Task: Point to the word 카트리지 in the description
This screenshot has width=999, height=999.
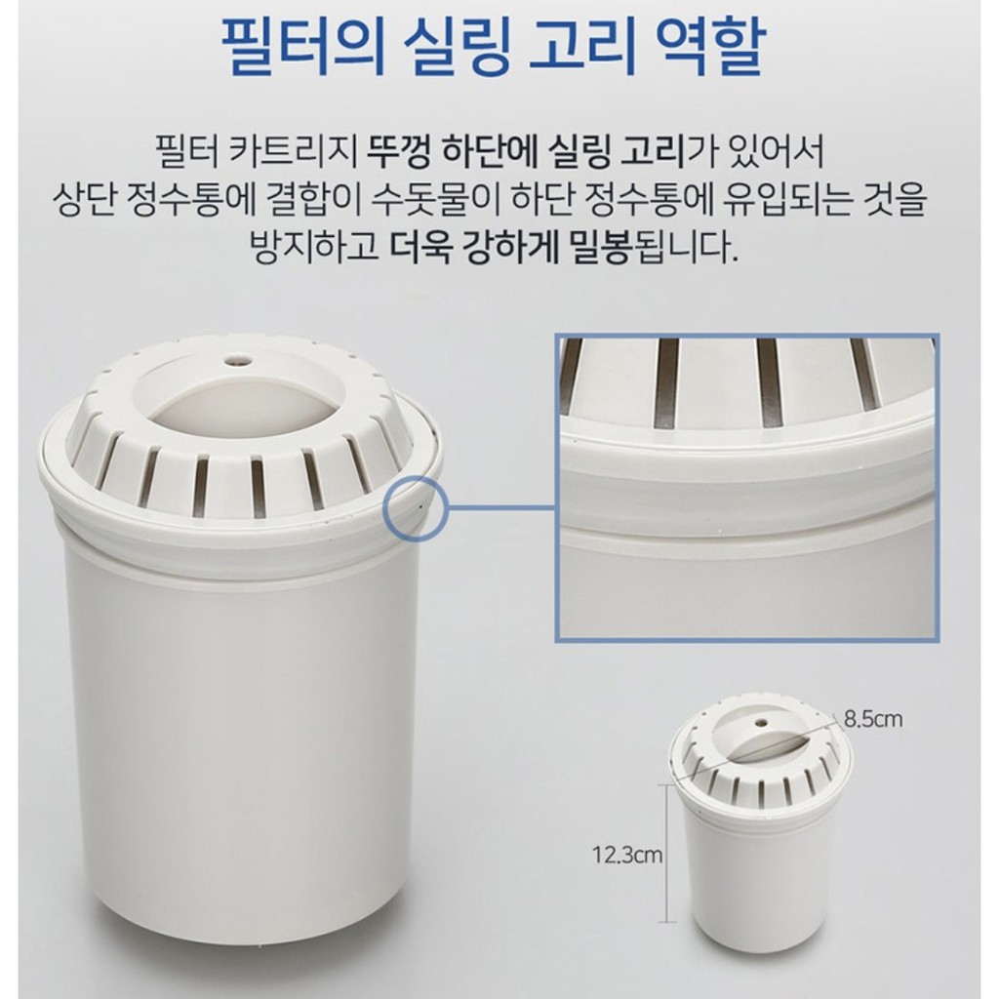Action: click(x=293, y=153)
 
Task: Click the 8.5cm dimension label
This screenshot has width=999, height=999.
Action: click(x=873, y=719)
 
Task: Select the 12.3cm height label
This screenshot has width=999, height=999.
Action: click(x=627, y=855)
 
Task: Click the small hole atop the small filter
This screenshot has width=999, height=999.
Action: click(x=761, y=723)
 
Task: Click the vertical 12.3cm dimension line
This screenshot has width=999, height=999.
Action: click(x=667, y=854)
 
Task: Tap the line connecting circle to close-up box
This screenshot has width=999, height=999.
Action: click(x=500, y=507)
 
